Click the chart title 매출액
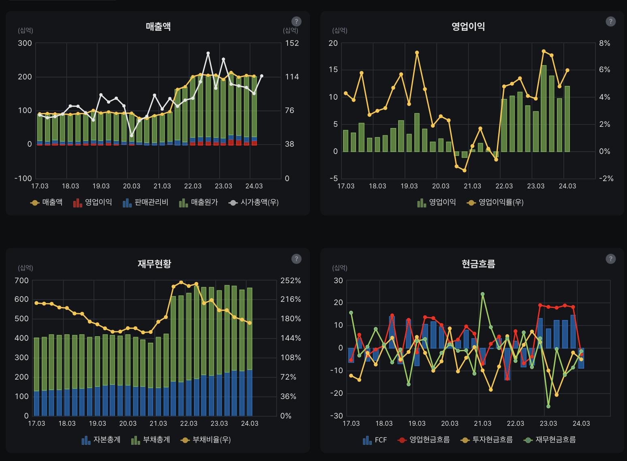[158, 27]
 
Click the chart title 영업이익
[468, 27]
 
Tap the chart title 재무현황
[154, 264]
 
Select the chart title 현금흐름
[478, 264]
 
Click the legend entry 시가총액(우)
[254, 202]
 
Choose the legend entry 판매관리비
[145, 202]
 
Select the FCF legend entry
[375, 440]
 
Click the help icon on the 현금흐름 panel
[610, 259]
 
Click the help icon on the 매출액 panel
[296, 21]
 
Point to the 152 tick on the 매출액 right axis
[292, 43]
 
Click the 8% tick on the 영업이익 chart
[604, 43]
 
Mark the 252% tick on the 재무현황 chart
[290, 281]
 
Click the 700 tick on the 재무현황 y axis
[21, 281]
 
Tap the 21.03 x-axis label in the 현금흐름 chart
[482, 423]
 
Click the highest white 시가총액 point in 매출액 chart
[208, 53]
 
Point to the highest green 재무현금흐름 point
[482, 294]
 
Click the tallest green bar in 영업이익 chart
[544, 108]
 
